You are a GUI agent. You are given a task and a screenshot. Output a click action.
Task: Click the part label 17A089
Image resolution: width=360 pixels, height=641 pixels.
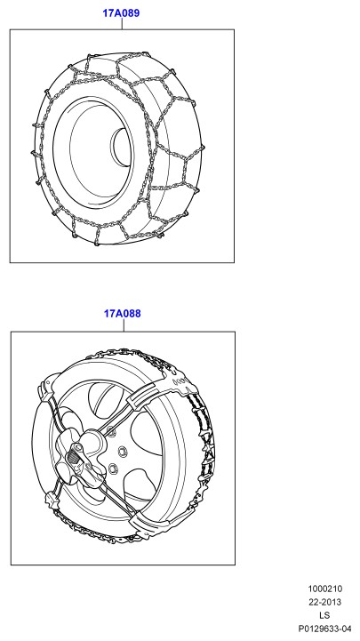coord(121,13)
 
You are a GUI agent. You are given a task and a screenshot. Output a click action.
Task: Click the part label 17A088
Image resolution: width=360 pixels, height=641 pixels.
coord(122,314)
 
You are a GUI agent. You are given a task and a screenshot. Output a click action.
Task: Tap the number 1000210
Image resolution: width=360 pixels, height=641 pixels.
coord(324,589)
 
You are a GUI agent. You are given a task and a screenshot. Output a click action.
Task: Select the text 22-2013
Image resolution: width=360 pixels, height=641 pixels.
coord(324,602)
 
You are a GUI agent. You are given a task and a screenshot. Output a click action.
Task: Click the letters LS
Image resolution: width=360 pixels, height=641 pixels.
coord(324,615)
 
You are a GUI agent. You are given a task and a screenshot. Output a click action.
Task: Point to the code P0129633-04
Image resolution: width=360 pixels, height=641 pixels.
coord(324,629)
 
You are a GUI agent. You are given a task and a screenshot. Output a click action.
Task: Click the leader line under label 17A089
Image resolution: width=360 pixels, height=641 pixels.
coord(122,24)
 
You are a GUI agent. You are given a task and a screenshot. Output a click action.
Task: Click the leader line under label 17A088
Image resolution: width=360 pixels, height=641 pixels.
coord(124,325)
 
